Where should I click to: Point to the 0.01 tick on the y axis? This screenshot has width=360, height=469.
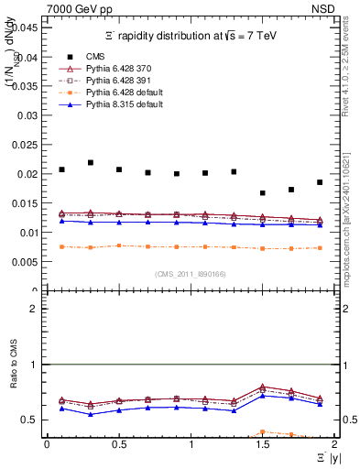click(29, 233)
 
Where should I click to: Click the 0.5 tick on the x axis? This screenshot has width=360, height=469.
click(119, 444)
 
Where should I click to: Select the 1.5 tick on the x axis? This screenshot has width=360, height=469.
click(263, 444)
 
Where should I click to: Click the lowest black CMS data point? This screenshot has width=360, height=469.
click(263, 193)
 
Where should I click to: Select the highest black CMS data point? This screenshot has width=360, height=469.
click(91, 162)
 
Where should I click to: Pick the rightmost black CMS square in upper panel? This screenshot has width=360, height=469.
click(320, 182)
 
